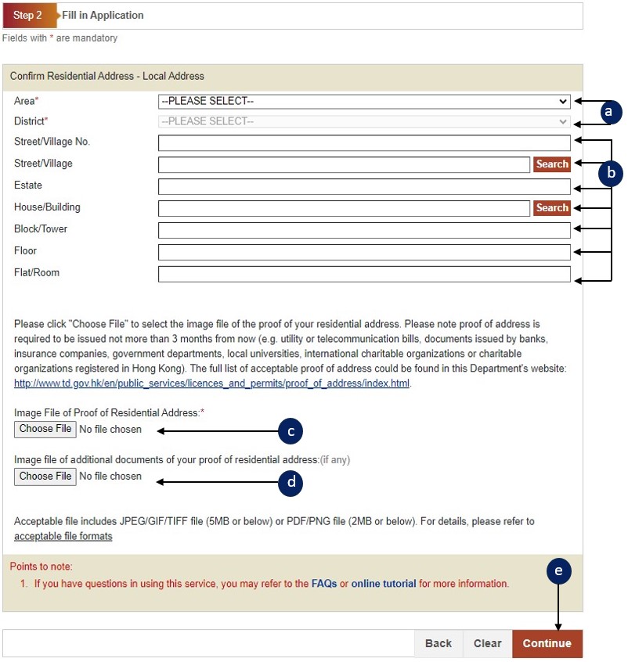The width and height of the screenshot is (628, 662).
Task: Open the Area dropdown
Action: tap(364, 101)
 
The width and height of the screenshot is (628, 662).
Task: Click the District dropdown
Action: tap(364, 121)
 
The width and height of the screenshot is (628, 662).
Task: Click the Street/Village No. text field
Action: tap(364, 142)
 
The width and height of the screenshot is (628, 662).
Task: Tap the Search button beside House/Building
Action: tap(552, 208)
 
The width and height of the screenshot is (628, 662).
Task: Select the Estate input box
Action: tap(364, 186)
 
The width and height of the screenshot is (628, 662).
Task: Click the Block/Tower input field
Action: tap(364, 230)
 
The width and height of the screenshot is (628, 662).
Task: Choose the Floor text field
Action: tap(364, 252)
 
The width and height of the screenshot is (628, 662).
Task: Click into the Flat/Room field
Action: tap(364, 274)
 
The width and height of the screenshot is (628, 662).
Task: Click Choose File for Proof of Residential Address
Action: tap(45, 429)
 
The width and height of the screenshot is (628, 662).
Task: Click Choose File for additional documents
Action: tap(45, 477)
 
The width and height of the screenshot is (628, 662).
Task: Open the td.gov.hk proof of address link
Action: tap(211, 383)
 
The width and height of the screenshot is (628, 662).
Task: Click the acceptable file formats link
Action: tap(63, 536)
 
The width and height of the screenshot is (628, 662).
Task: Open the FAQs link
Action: tap(324, 584)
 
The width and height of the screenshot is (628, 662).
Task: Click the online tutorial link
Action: tap(384, 584)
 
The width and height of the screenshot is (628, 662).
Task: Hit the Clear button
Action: tap(487, 643)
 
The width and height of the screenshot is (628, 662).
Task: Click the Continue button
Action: tap(547, 643)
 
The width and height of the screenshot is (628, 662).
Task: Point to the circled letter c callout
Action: tap(291, 430)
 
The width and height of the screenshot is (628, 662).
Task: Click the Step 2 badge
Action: tap(28, 16)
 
